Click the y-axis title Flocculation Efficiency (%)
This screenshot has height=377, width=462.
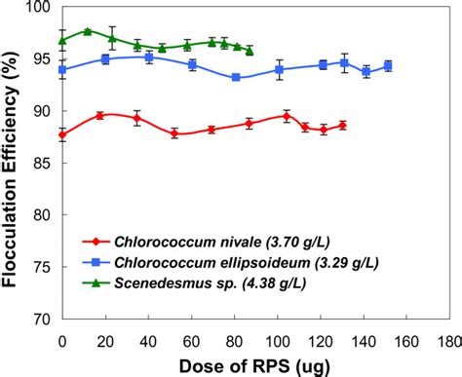14,161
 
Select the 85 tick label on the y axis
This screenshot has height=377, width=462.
43,164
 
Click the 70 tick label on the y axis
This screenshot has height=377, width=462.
43,319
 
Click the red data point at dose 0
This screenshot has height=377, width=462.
63,135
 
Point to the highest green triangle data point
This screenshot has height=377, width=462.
88,31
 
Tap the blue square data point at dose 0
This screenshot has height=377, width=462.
63,70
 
